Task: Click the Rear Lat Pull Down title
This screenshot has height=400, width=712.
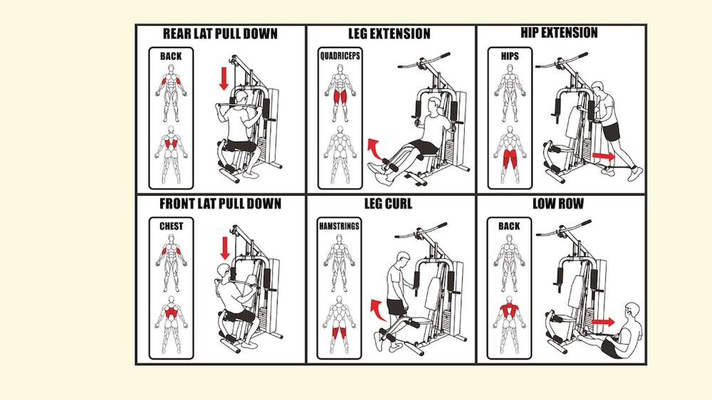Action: click(220, 33)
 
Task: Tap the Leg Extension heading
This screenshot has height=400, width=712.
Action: click(389, 33)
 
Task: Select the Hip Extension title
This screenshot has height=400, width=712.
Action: click(559, 33)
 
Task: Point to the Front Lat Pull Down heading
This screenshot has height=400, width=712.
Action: click(220, 204)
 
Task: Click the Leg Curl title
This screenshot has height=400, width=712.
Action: click(388, 204)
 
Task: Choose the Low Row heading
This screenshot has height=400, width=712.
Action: click(558, 204)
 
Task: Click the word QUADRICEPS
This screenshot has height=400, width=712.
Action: click(340, 56)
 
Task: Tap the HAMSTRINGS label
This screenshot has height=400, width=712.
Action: click(339, 226)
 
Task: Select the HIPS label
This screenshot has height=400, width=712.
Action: click(510, 56)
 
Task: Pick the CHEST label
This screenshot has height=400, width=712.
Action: click(171, 226)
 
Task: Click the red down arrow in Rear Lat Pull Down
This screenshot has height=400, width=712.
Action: click(224, 79)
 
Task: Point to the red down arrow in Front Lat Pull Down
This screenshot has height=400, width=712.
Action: click(225, 248)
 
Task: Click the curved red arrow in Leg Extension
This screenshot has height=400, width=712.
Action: click(375, 149)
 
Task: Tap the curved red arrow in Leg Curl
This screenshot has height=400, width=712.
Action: click(377, 310)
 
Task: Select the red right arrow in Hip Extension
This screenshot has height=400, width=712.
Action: click(604, 156)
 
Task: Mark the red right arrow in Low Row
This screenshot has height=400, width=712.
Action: click(602, 322)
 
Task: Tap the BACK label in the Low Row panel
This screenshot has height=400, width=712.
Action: click(509, 226)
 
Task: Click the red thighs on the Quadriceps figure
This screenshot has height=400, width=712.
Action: click(340, 97)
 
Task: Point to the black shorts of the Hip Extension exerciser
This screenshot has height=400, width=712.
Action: click(611, 130)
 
